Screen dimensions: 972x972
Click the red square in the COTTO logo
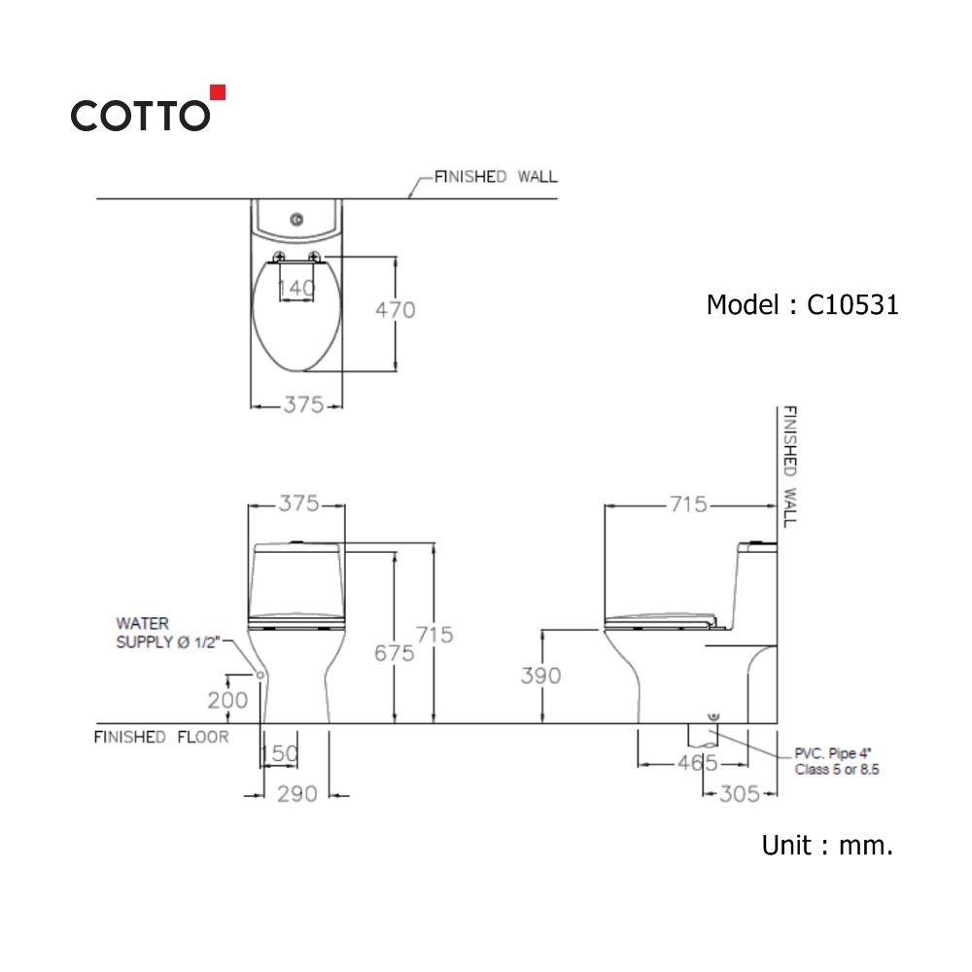point(218,92)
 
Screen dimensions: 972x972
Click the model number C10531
point(852,305)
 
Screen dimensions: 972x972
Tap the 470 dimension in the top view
point(395,310)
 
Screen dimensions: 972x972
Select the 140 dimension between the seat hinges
point(296,288)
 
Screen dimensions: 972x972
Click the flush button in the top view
point(296,219)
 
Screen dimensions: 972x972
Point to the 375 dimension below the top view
point(303,404)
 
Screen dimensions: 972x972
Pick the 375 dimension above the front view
point(298,503)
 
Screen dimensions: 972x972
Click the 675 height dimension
point(395,653)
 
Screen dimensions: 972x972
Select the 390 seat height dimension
point(541,676)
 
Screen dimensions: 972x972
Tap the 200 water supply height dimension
point(227,701)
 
